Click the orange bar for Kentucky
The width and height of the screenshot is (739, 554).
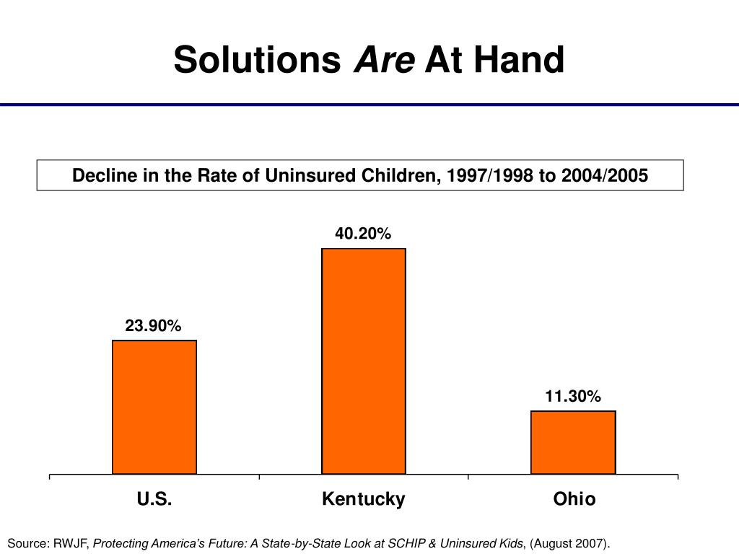364,361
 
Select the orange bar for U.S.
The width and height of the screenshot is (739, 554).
154,407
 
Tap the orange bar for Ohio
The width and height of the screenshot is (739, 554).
573,442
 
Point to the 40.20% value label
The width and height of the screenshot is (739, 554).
363,233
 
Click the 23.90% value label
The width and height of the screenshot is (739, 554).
153,325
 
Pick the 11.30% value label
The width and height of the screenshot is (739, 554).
573,396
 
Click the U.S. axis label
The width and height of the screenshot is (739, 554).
154,498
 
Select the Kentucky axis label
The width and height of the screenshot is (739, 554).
364,499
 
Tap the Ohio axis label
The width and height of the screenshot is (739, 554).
574,498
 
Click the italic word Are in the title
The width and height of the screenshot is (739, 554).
384,59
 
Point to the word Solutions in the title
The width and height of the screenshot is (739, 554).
257,59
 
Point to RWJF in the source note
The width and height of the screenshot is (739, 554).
71,543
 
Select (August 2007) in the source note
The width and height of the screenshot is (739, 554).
569,544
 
